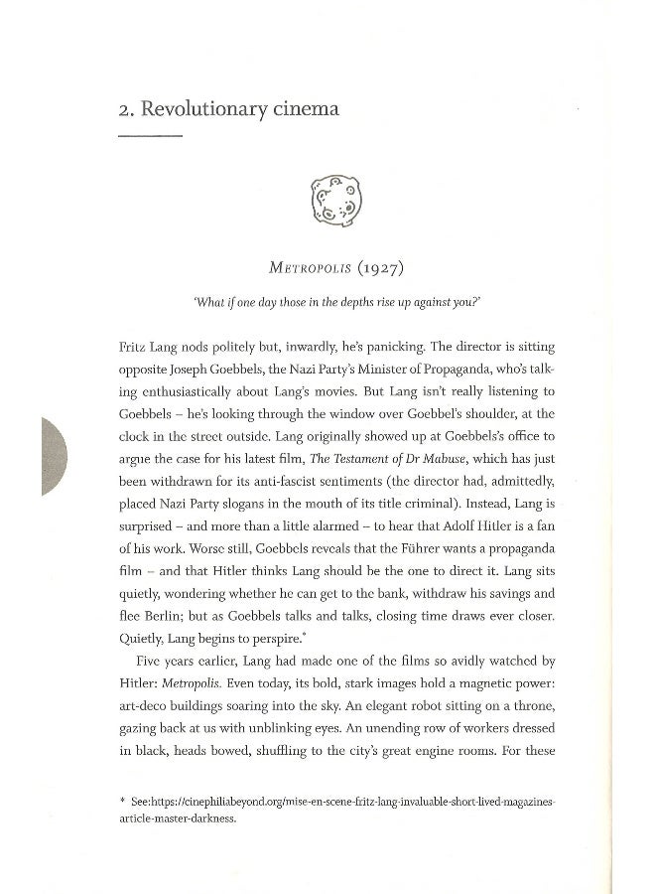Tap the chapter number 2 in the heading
coord(123,109)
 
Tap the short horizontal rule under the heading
coord(150,136)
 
